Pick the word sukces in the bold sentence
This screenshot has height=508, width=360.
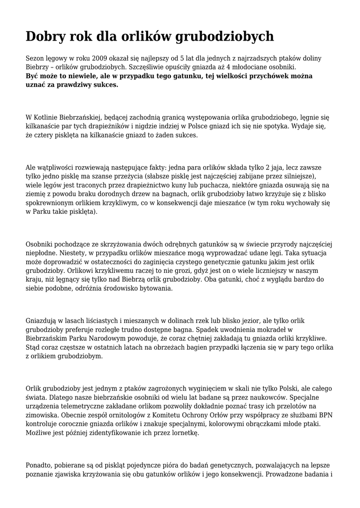point(104,84)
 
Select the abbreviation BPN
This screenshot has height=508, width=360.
point(326,415)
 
